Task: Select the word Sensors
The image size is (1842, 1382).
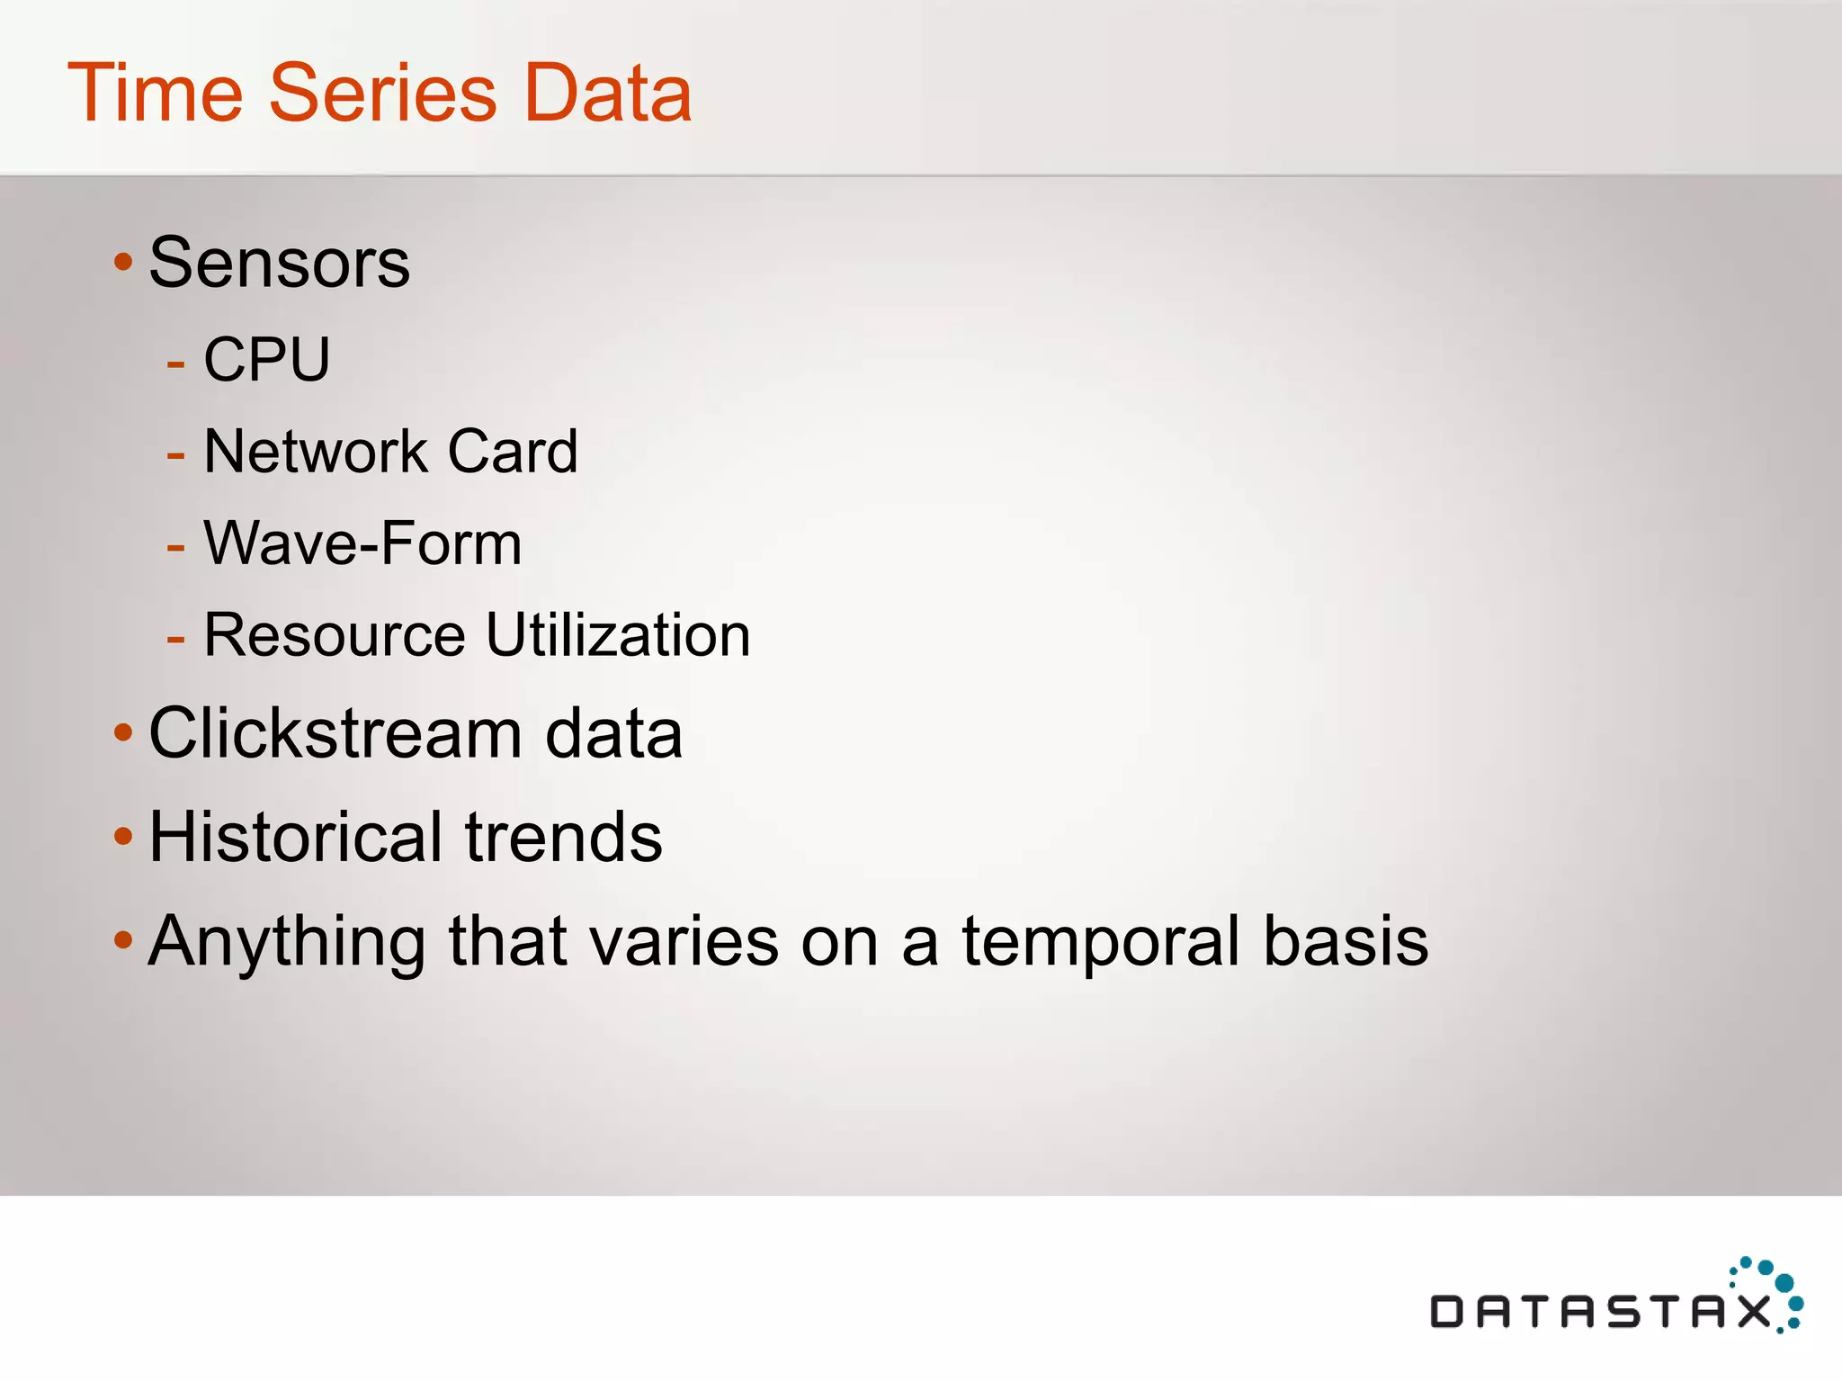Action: (x=279, y=263)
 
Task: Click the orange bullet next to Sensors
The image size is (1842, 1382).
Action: (x=123, y=264)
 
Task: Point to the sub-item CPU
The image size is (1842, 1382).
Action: (x=267, y=359)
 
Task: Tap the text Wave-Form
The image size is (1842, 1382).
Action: (x=362, y=543)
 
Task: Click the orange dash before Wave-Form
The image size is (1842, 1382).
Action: (x=175, y=547)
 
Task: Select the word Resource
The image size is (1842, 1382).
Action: (x=335, y=635)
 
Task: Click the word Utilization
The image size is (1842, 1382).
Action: (x=618, y=635)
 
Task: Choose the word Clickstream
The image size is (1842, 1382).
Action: (x=335, y=733)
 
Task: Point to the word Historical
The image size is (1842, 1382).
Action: (x=295, y=837)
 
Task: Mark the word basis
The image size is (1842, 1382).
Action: (x=1346, y=941)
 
